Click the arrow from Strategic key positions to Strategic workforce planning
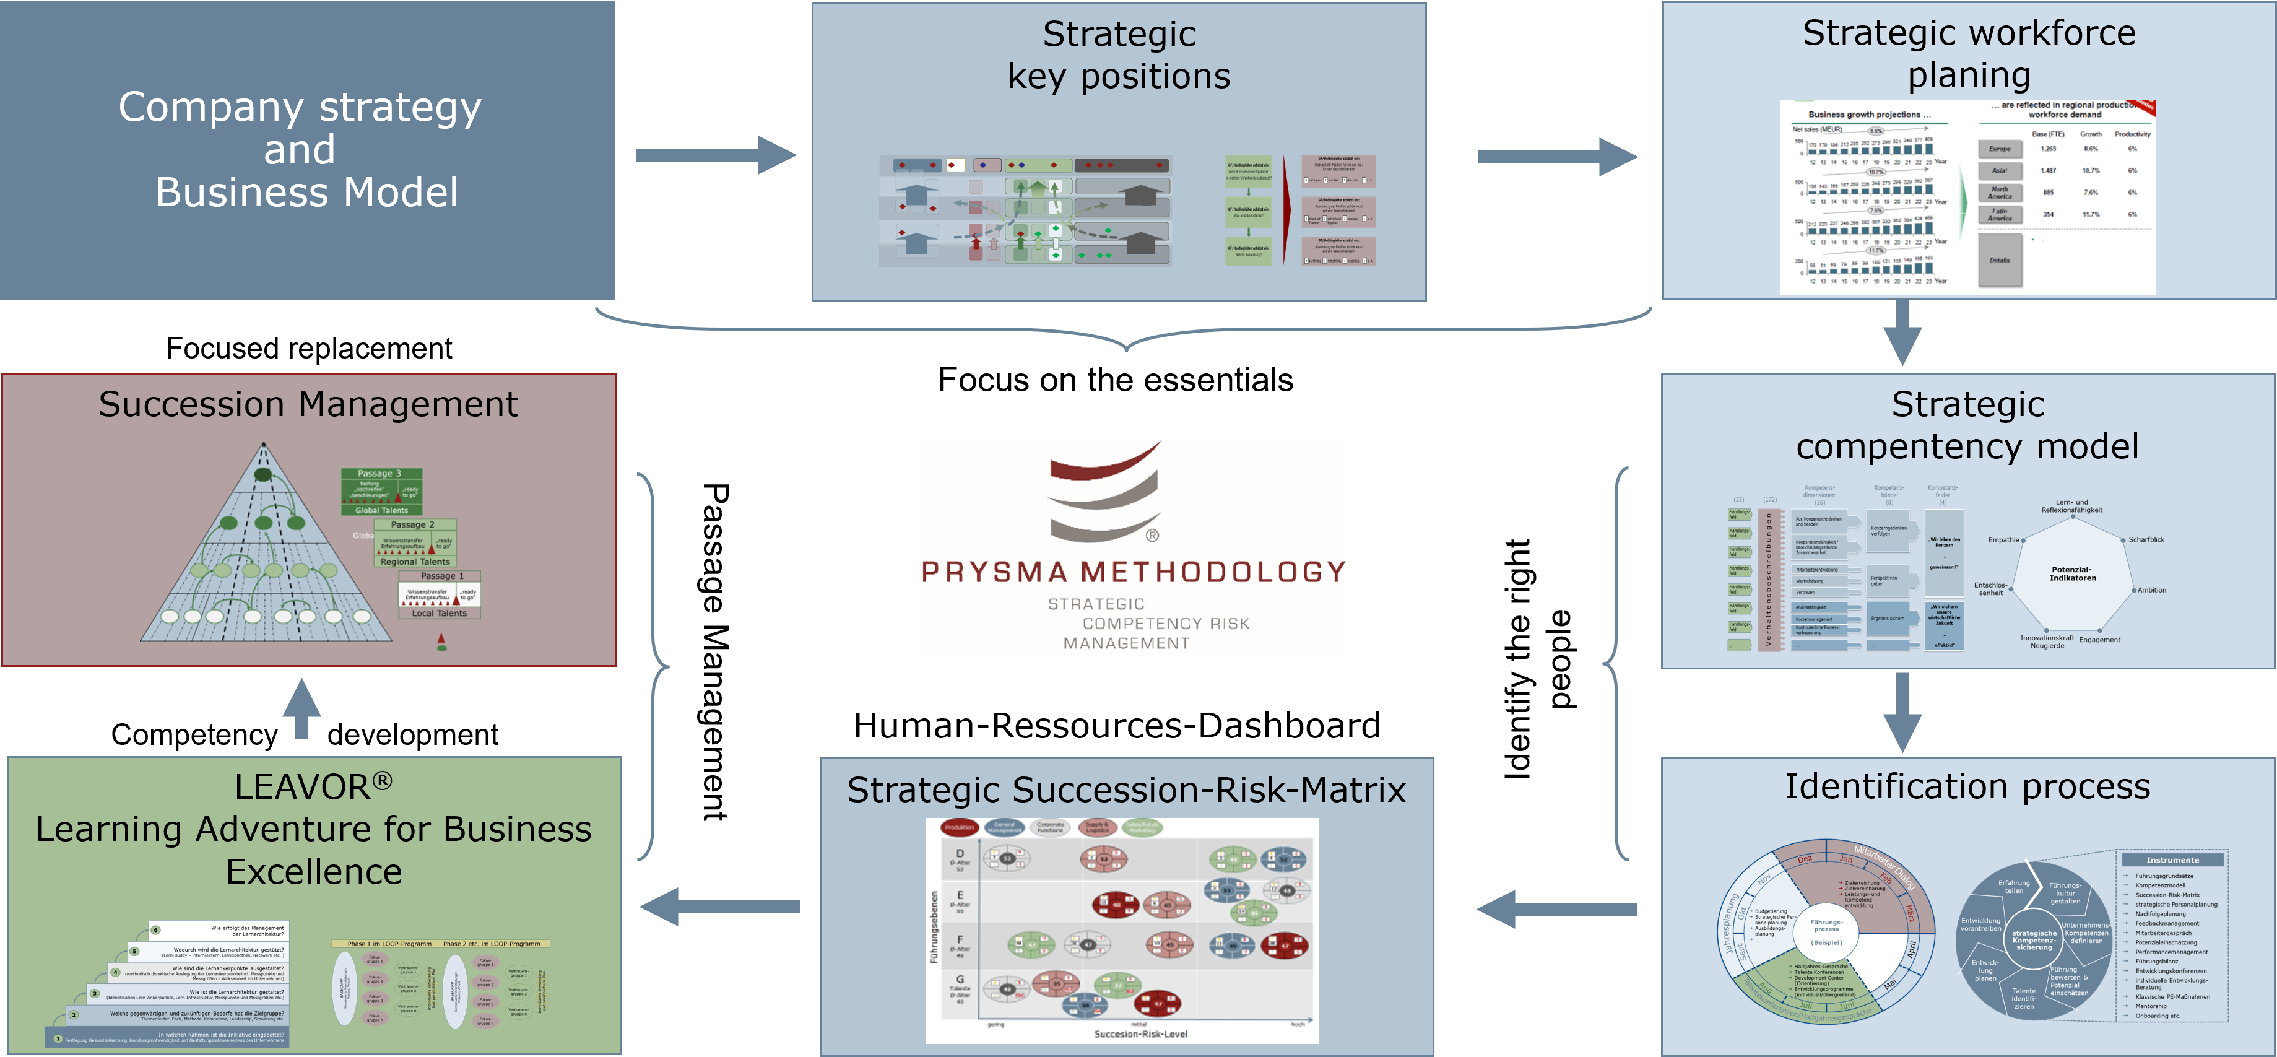click(x=1556, y=157)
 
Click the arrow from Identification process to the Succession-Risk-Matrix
click(x=1556, y=908)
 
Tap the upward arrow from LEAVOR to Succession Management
click(x=301, y=709)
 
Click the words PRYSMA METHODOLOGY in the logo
click(x=1133, y=572)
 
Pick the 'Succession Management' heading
click(x=308, y=405)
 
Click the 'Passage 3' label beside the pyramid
click(x=379, y=474)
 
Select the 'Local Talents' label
click(x=440, y=614)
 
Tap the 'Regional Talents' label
click(x=415, y=562)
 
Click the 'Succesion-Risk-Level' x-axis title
click(x=1140, y=1034)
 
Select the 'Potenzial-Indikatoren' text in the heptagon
click(x=2072, y=573)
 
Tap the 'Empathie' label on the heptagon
click(x=2004, y=540)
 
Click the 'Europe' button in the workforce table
click(x=2000, y=149)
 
